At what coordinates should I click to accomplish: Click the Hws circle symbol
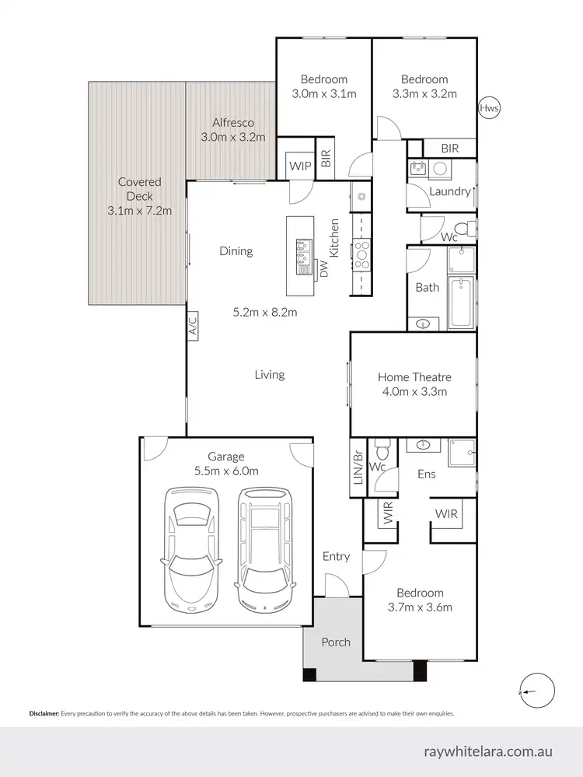point(489,108)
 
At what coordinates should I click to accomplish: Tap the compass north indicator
point(538,689)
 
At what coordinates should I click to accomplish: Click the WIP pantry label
point(300,166)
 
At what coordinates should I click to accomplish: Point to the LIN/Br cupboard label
point(358,467)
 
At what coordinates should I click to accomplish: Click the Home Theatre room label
point(414,377)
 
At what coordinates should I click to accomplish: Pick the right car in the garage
point(264,549)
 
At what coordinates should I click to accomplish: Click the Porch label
point(336,642)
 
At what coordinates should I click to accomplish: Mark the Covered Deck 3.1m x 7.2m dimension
point(140,211)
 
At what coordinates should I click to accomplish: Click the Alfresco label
point(233,123)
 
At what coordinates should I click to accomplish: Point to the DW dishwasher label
point(324,270)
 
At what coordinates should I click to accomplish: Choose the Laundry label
point(449,191)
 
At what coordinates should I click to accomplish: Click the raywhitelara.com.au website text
point(488,751)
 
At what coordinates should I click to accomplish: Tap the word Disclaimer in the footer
point(44,713)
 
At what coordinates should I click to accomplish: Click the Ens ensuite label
point(426,474)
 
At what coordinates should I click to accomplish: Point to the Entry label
point(337,556)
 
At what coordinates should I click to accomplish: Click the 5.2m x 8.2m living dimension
point(265,313)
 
